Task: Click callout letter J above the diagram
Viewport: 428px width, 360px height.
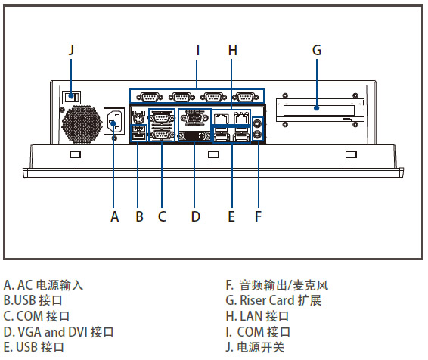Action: (71, 50)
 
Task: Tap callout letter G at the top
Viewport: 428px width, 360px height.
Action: (317, 50)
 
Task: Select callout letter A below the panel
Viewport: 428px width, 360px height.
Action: (115, 216)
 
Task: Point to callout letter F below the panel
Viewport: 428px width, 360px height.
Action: (258, 216)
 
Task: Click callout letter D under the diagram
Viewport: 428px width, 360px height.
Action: (195, 216)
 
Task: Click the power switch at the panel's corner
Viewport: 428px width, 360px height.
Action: (72, 97)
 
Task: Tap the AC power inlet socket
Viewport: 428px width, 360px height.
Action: (114, 121)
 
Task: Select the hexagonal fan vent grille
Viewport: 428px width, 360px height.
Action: (82, 124)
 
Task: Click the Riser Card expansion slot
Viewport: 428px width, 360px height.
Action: (320, 110)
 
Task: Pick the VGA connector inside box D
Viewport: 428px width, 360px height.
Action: (194, 119)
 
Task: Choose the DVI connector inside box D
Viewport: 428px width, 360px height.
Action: (194, 135)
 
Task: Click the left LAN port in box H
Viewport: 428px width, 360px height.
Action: (221, 118)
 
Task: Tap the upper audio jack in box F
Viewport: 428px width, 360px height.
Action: (257, 123)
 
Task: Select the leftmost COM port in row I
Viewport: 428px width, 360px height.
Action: (149, 97)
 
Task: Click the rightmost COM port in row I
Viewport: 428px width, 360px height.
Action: (245, 97)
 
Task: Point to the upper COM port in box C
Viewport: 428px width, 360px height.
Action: (161, 118)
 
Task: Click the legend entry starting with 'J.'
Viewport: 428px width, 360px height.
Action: (255, 347)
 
